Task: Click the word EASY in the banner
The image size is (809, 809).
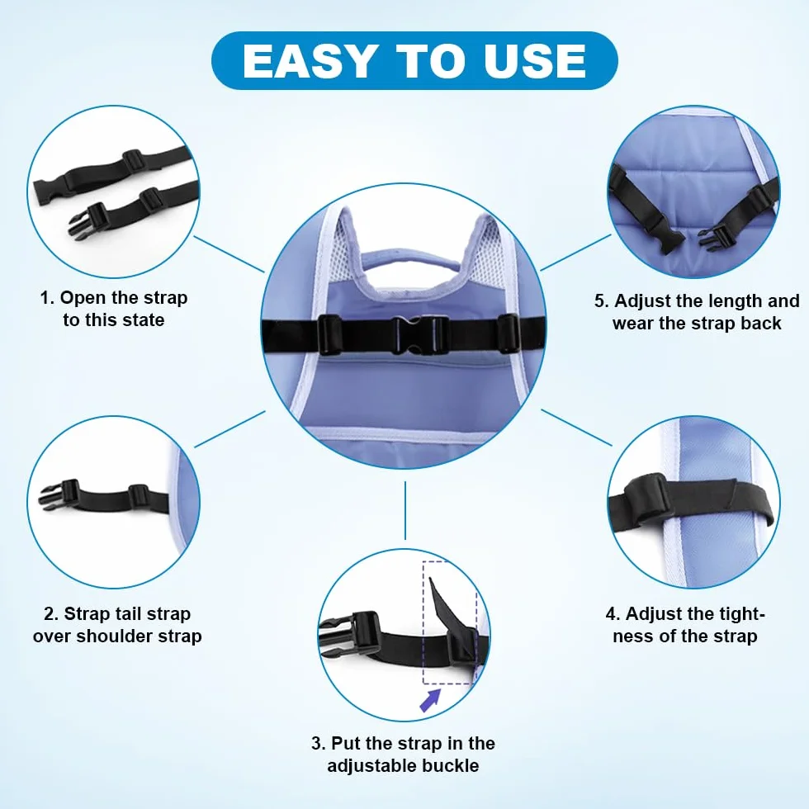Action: (x=309, y=61)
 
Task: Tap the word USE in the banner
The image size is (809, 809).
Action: (x=535, y=61)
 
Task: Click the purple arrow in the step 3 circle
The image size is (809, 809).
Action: (x=429, y=700)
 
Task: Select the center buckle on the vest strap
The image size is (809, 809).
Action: (x=420, y=335)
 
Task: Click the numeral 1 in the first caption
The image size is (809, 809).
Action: (x=45, y=298)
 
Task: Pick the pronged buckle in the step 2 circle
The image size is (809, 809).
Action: (x=59, y=494)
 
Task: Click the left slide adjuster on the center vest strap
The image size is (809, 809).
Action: (x=329, y=335)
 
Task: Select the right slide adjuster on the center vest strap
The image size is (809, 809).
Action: (x=509, y=334)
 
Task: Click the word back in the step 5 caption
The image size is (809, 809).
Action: (x=761, y=323)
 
